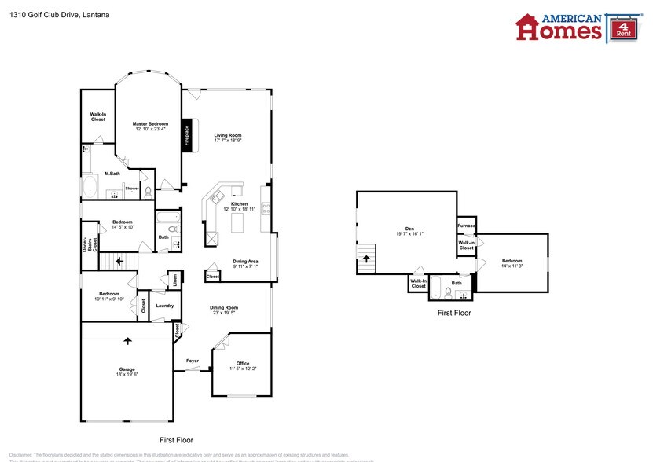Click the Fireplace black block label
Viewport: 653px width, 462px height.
187,135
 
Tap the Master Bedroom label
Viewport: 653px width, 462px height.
150,123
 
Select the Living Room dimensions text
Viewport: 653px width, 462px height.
228,141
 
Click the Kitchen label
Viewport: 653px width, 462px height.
228,204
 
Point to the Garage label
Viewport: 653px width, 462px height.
127,368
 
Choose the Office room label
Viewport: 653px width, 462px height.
243,362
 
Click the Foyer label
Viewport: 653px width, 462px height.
193,361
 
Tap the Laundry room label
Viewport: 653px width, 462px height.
164,305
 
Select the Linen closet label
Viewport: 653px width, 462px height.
173,280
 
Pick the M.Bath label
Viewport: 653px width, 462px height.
112,174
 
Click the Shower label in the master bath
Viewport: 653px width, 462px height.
132,189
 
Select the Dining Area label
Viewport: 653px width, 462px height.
245,261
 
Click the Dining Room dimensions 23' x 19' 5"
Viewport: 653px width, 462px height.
223,313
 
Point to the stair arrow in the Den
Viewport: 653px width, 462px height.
365,258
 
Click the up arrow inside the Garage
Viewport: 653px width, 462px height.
127,341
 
